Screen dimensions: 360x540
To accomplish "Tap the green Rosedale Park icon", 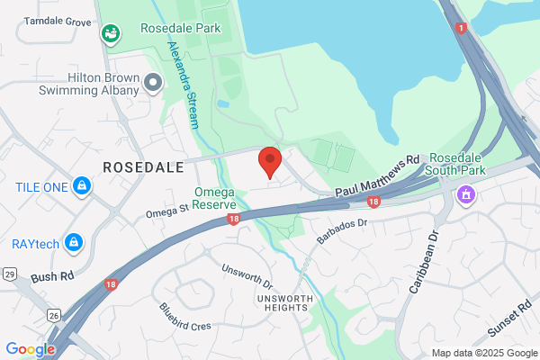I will coord(112,34).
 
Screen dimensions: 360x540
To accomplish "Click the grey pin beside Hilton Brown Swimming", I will coord(153,84).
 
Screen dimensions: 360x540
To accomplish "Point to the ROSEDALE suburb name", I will coord(143,167).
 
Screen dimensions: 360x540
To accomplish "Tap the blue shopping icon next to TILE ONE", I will coord(82,186).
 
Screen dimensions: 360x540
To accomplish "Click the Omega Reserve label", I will coord(215,198).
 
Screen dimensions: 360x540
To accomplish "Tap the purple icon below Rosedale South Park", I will coord(466,193).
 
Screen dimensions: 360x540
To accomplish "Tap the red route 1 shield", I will coord(462,29).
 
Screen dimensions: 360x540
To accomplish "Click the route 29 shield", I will coord(10,274).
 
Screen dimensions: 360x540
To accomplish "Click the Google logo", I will coord(30,349).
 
